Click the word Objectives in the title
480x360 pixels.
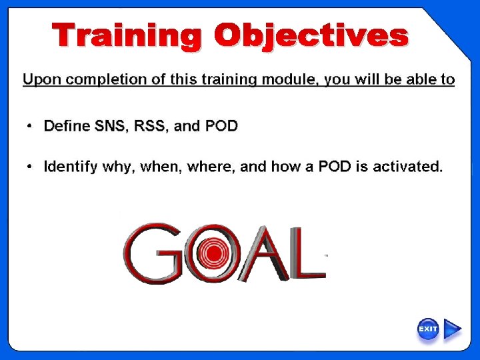point(311,35)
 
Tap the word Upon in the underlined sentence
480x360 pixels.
point(40,80)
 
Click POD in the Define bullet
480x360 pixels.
point(221,126)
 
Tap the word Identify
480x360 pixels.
point(71,167)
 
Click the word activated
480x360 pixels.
point(407,167)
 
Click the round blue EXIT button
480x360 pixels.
point(428,329)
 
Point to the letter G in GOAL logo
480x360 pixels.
point(153,253)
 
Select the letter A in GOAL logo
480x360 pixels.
point(267,253)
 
